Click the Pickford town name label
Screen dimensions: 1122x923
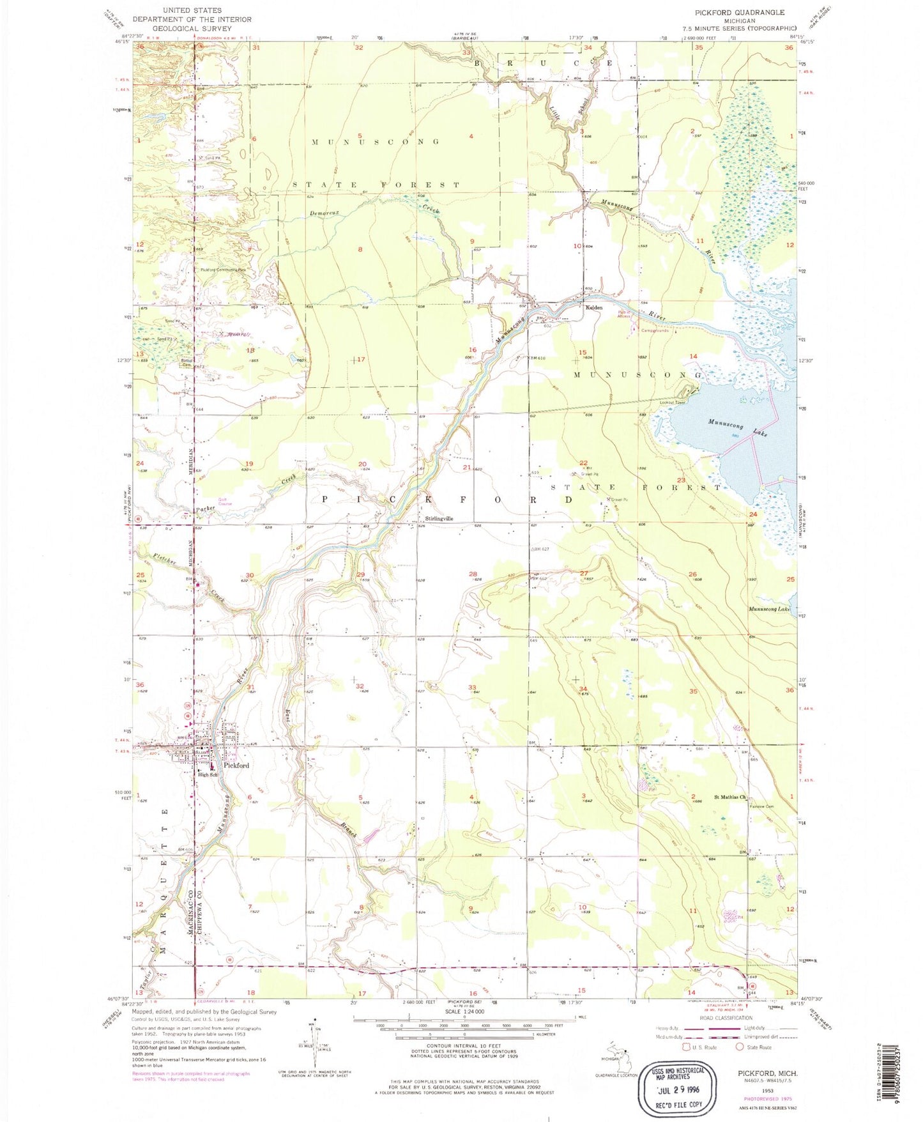tap(236, 765)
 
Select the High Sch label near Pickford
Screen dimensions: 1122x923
tap(208, 774)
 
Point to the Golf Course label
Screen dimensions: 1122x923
tap(224, 502)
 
